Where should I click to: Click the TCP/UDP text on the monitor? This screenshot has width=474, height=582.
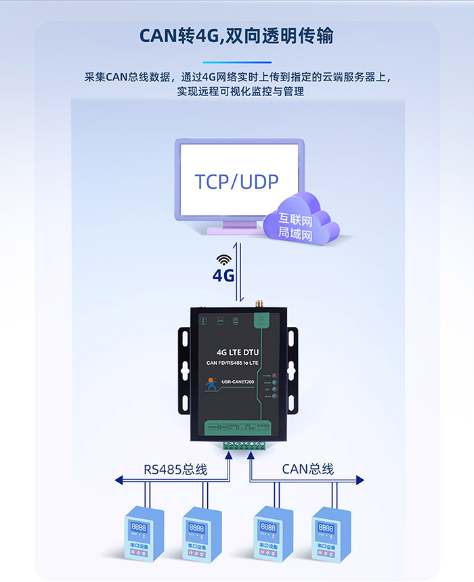click(x=236, y=181)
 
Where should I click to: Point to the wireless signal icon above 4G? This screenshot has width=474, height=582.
click(x=223, y=259)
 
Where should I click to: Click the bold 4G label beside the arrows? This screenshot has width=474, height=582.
click(x=223, y=275)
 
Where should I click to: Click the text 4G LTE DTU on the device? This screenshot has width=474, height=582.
click(x=237, y=352)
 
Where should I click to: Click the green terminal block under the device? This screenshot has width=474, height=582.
click(x=244, y=445)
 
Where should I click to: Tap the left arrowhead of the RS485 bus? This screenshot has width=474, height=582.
click(x=118, y=480)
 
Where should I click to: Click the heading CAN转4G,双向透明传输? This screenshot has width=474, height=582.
click(x=236, y=36)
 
